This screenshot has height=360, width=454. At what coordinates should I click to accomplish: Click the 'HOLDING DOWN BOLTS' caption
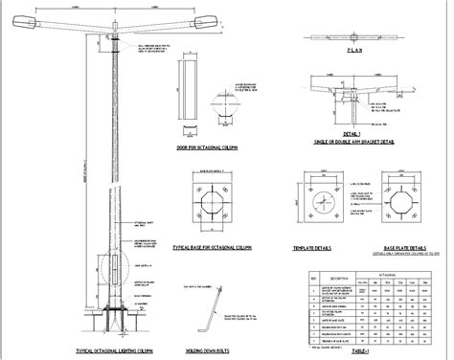tap(212, 351)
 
